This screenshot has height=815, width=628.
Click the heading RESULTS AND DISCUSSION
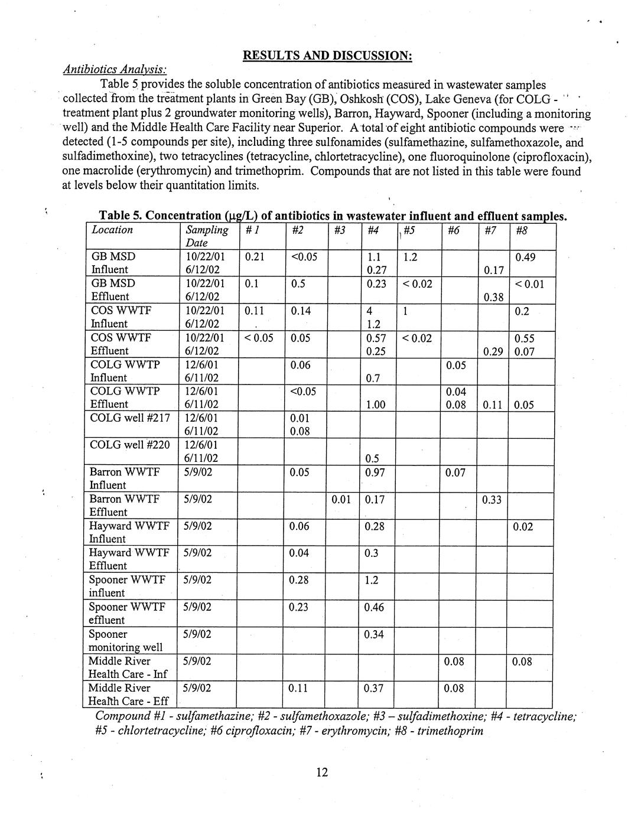coord(327,56)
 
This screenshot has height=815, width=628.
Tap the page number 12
coord(322,772)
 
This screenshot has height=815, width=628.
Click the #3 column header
coord(339,230)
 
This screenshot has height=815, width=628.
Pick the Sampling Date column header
coord(206,236)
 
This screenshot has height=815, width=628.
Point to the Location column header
coord(112,230)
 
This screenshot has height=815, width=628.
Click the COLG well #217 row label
coord(129,418)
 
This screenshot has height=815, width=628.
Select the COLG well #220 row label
coord(129,445)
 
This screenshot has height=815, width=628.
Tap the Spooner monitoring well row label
coord(125,641)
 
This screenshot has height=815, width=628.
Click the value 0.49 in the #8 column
coord(526,257)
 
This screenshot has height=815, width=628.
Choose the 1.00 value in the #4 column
coord(376,405)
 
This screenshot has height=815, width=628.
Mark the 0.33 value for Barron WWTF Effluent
coord(492,500)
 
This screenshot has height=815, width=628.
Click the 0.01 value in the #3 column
coord(341,500)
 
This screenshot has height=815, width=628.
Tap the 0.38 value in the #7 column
coord(493,298)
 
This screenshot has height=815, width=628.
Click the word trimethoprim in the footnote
coord(452,731)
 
